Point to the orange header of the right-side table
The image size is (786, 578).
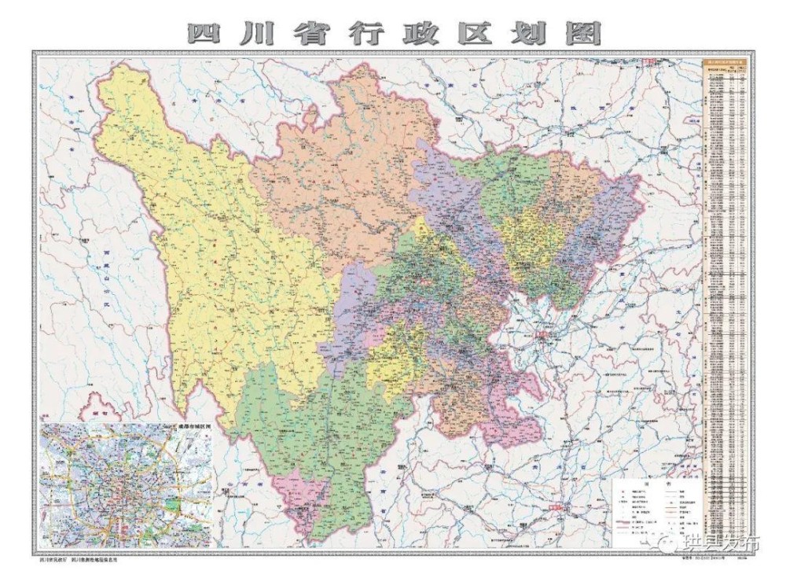(x=722, y=63)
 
